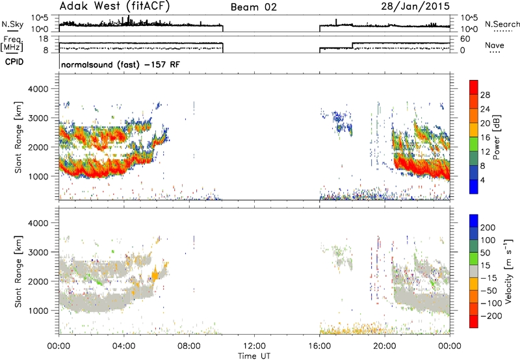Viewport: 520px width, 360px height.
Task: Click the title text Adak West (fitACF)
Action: pos(114,6)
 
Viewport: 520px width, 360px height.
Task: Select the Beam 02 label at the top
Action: pos(253,7)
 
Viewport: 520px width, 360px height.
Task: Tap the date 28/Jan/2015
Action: pos(415,6)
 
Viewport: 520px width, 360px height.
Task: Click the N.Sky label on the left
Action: pos(12,24)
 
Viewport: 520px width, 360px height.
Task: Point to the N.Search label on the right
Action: pos(502,24)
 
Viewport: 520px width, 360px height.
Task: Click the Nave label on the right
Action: pos(495,45)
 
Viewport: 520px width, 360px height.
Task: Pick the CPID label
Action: pos(14,62)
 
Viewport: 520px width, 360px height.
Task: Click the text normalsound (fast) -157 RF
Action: pos(120,64)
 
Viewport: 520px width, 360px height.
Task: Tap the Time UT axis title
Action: pos(254,356)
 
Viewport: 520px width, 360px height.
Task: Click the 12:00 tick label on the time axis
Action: pos(254,346)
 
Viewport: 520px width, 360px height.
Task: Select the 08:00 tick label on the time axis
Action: pos(189,346)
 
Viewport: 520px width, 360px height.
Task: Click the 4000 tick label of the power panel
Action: pos(38,89)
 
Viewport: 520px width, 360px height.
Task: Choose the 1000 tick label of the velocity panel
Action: pos(38,311)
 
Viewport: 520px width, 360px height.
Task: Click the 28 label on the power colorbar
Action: pos(485,95)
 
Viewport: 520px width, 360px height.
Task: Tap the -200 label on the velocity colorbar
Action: pos(489,316)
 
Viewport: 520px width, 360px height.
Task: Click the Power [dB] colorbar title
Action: pos(497,137)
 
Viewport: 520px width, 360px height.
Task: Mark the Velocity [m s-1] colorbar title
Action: pos(508,271)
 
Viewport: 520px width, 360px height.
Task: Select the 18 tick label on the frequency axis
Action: pos(44,39)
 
